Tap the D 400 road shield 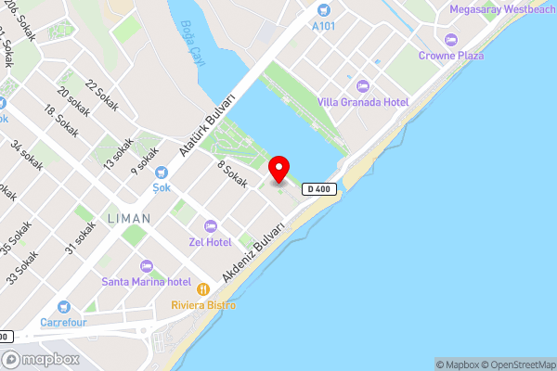pos(317,189)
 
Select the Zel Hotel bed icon pos(210,226)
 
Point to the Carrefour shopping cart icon pos(64,306)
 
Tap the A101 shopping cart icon pos(324,9)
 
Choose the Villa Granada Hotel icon pos(363,85)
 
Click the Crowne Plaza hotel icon pos(452,40)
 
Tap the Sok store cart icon pos(162,172)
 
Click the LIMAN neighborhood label pos(128,219)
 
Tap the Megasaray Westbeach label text pos(502,9)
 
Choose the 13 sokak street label pos(117,154)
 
